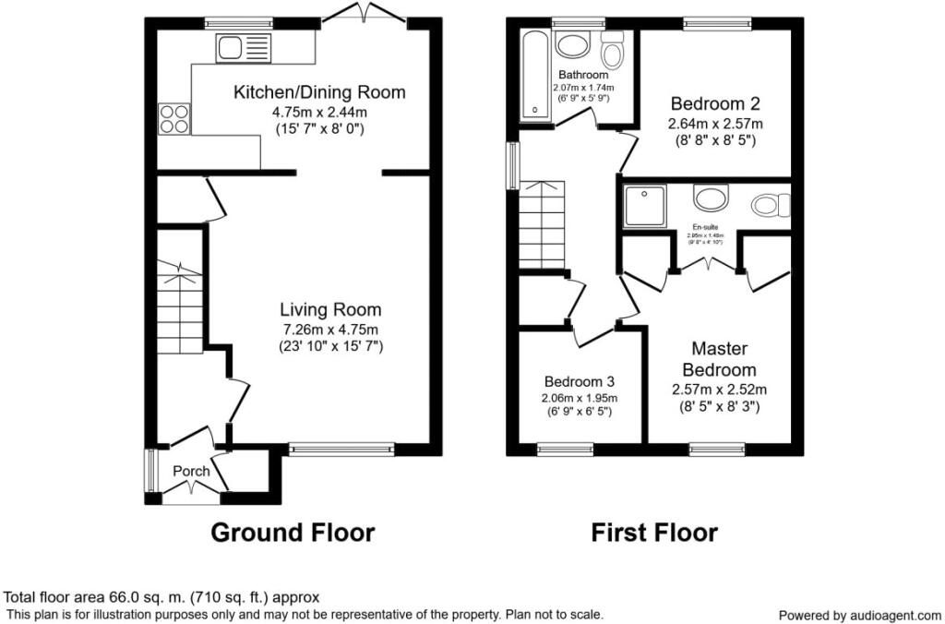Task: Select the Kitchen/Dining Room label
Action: coord(318,92)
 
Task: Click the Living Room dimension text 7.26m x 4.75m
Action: coord(330,329)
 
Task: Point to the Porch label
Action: coord(192,471)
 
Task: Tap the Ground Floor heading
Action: coord(293,533)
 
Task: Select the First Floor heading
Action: coord(653,533)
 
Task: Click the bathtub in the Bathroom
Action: coord(534,75)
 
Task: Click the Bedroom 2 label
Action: coord(715,102)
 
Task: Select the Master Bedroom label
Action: coord(720,359)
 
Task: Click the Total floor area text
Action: coord(162,597)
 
